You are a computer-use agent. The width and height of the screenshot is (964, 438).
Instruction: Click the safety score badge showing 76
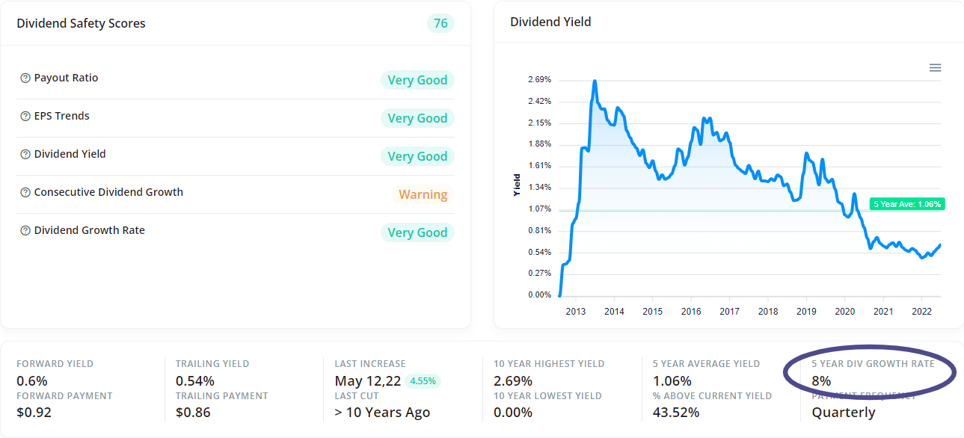tap(440, 23)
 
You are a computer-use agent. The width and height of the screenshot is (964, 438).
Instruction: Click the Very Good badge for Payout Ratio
tap(417, 80)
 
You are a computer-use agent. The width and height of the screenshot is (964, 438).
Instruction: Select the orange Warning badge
tap(423, 194)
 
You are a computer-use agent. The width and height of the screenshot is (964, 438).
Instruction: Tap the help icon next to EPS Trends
tap(25, 117)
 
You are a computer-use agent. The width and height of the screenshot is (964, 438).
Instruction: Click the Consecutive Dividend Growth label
tap(108, 192)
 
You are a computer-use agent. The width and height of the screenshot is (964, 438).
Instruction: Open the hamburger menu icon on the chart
tap(935, 68)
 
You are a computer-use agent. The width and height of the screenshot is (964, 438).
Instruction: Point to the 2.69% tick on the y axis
tap(539, 79)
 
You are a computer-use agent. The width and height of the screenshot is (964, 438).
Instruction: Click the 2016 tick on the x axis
tap(691, 312)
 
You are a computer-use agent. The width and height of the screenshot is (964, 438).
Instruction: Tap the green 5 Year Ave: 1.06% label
tap(907, 204)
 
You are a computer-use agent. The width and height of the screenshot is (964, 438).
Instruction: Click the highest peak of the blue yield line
tap(595, 81)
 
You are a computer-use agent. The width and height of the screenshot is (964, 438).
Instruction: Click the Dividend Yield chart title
tap(550, 22)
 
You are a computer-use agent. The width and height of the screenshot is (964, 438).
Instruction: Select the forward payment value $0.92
tap(34, 412)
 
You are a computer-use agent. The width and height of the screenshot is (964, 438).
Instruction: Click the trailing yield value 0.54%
tap(195, 380)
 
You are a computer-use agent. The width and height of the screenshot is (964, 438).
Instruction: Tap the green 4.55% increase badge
tap(423, 380)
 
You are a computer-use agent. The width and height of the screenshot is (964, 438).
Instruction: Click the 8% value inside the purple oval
tap(821, 380)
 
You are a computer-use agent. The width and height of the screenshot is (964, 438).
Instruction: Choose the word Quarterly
tap(843, 412)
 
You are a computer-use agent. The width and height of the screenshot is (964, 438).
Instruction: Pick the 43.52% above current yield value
tap(675, 412)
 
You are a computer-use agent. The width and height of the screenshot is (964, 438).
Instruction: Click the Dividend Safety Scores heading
tap(81, 23)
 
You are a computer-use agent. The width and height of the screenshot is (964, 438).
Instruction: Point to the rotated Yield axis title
tap(517, 185)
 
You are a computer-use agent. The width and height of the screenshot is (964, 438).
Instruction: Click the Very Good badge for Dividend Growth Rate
tap(417, 232)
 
